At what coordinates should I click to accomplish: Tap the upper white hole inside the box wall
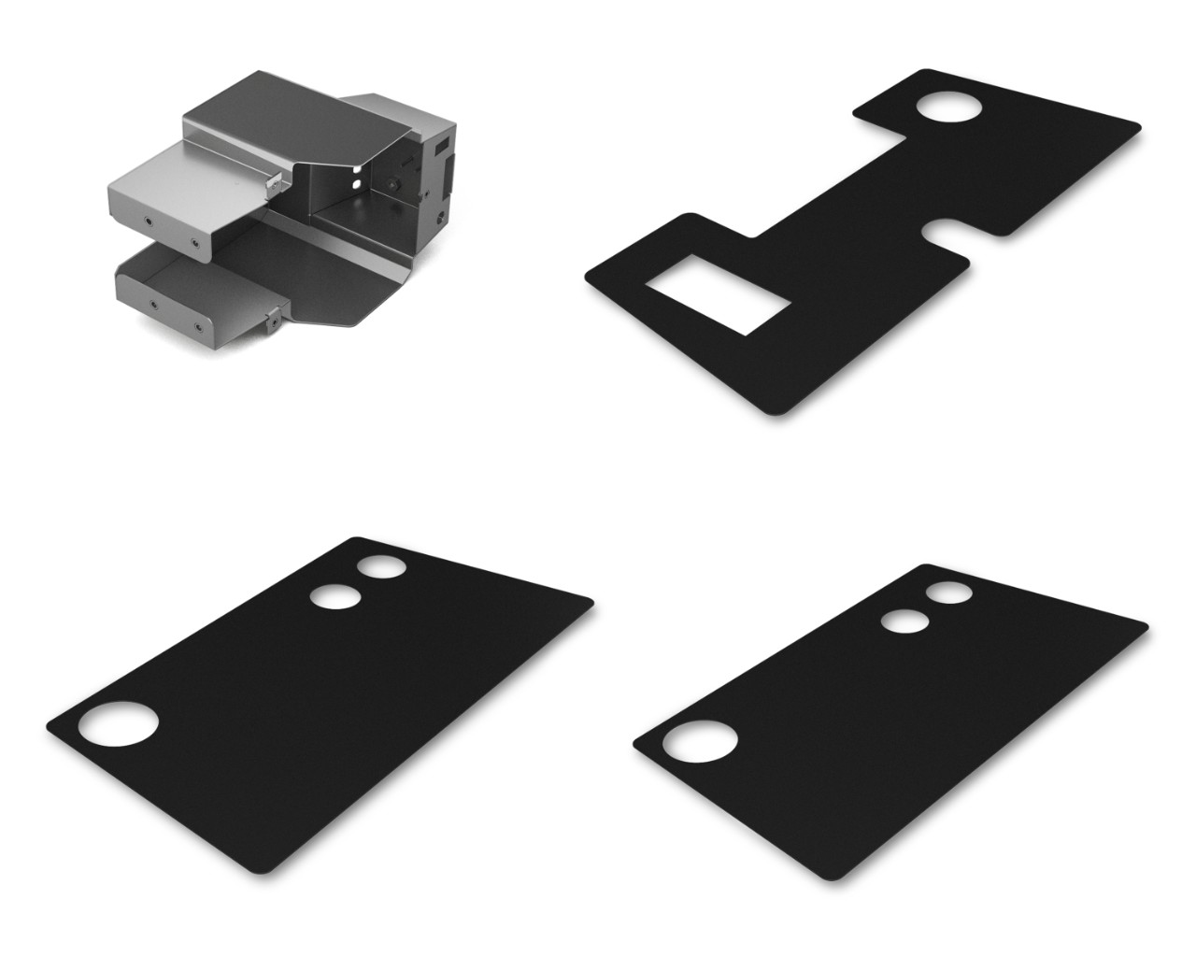click(x=359, y=171)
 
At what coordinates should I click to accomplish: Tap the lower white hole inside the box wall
click(x=354, y=185)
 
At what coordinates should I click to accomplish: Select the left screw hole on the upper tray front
click(x=148, y=221)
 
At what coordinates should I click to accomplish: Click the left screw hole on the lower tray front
click(x=153, y=304)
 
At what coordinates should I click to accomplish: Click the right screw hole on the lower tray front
click(x=198, y=327)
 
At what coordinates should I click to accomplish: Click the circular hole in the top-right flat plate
click(x=949, y=107)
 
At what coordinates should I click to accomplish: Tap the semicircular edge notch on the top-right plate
click(x=944, y=234)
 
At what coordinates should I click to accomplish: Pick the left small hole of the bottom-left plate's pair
click(x=335, y=595)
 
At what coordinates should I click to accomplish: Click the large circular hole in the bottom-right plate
click(x=700, y=739)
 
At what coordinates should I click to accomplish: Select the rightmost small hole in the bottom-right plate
click(x=948, y=593)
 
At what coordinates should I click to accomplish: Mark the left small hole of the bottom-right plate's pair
click(x=904, y=621)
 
